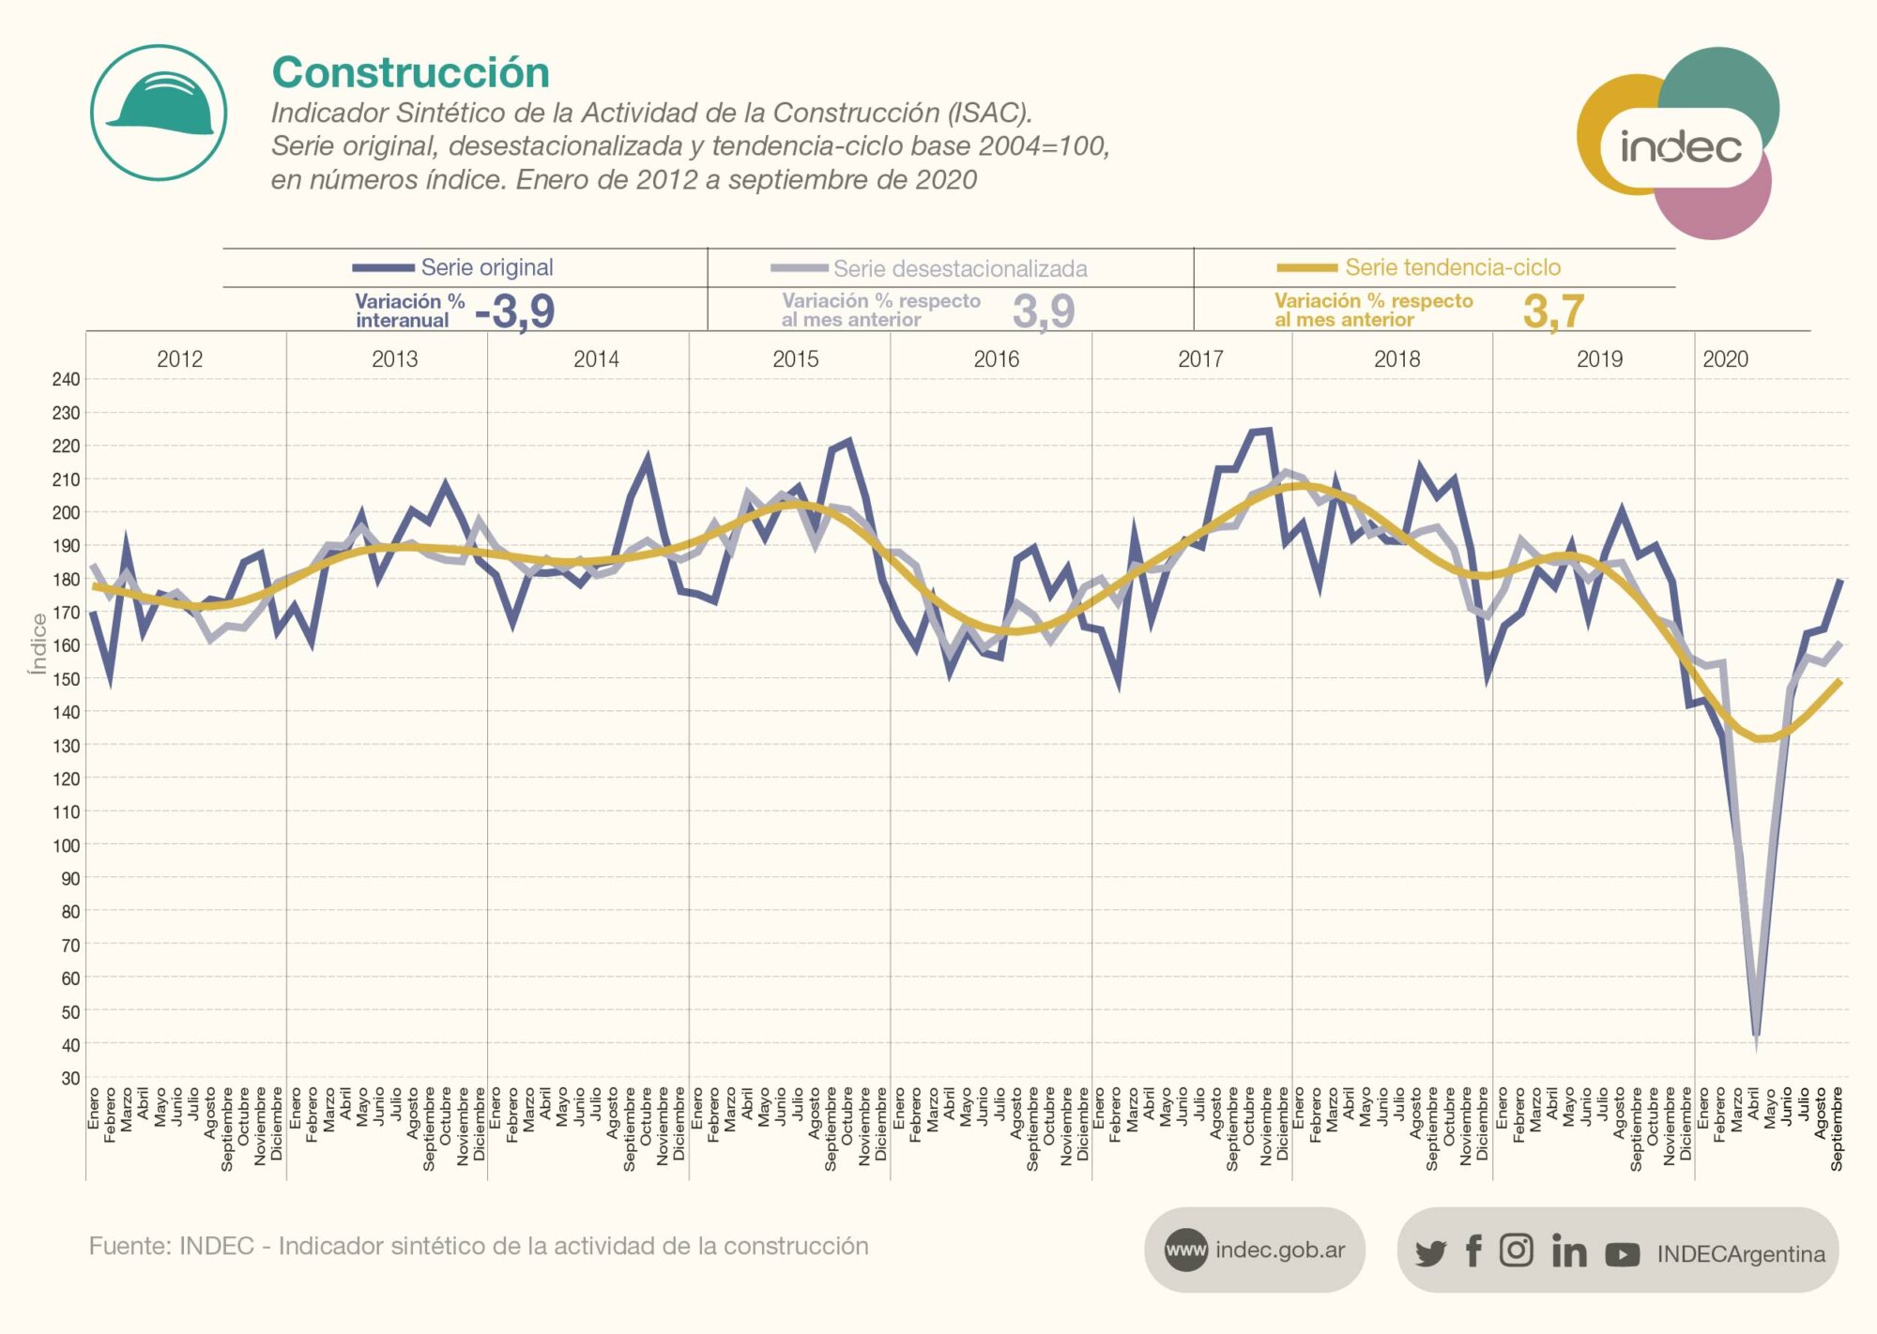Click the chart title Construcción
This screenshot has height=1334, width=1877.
(x=410, y=73)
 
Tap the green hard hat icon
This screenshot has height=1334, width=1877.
(x=159, y=113)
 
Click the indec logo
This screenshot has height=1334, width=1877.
(x=1679, y=145)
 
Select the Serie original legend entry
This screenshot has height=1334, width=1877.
(x=486, y=267)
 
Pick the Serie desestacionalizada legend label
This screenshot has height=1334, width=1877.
(x=959, y=269)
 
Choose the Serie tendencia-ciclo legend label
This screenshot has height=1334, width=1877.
(x=1452, y=267)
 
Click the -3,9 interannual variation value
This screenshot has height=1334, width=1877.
(x=515, y=311)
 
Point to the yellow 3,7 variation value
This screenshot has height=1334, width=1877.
(x=1553, y=311)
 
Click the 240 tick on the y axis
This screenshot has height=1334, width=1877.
(x=66, y=379)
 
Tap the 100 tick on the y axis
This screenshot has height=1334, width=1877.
(x=66, y=845)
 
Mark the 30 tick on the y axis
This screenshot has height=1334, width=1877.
(x=69, y=1078)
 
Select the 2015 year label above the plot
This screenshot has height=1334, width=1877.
(x=795, y=359)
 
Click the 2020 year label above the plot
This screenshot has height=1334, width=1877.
(x=1725, y=359)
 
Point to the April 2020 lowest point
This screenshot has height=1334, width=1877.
(x=1756, y=1037)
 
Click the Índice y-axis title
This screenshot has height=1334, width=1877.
(x=38, y=644)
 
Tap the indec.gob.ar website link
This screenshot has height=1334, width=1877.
(x=1279, y=1250)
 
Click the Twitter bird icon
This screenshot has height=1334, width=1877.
(x=1430, y=1252)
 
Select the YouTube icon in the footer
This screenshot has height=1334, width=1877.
(x=1622, y=1253)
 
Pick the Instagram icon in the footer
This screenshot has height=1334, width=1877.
(x=1516, y=1250)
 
